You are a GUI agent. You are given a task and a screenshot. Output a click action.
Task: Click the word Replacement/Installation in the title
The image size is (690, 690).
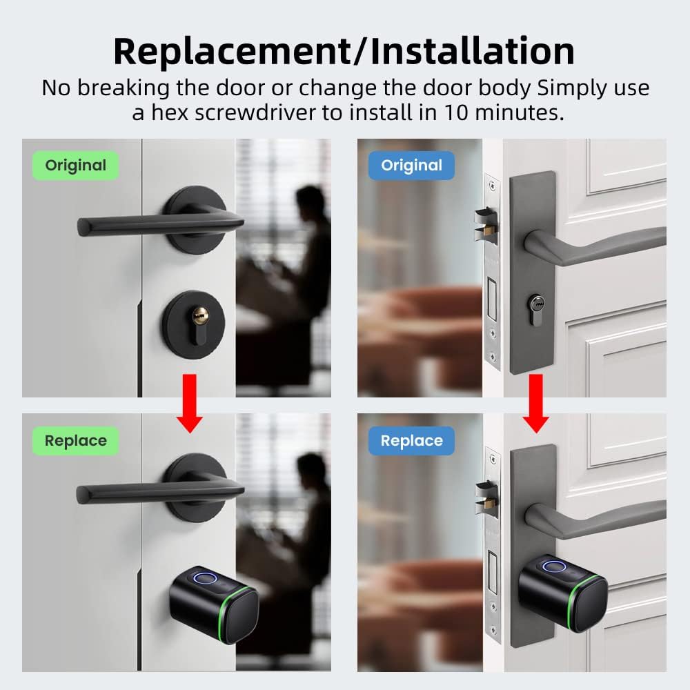(344, 51)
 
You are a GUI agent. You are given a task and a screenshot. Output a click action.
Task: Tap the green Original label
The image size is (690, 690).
(75, 166)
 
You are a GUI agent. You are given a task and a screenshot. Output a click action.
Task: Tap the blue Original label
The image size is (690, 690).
(411, 166)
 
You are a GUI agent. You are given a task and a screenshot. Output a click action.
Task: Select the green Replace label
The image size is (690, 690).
(75, 441)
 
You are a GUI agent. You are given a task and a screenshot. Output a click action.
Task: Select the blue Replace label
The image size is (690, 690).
(411, 441)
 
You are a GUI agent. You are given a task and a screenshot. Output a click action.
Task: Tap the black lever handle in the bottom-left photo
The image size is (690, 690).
(152, 492)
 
